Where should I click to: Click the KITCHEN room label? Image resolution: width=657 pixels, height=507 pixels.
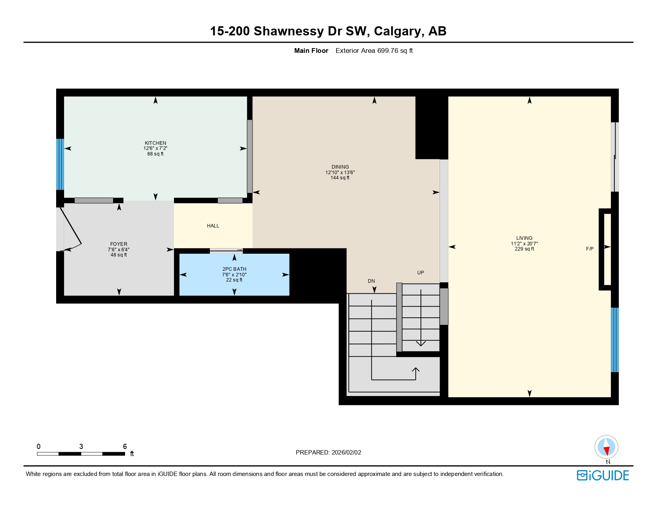pos(155,143)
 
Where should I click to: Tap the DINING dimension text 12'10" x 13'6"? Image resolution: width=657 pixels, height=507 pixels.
pos(340,173)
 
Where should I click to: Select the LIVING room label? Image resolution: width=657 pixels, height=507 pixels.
pos(524,238)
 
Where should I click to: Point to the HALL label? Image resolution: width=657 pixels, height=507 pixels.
pos(213,226)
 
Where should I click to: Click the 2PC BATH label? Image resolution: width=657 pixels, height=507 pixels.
pos(234,269)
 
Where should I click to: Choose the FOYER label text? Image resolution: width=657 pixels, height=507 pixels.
pos(119,244)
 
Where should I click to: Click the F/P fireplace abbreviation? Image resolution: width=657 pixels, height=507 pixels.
pos(590,249)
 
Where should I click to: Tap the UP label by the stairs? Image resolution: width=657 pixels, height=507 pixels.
pos(420,273)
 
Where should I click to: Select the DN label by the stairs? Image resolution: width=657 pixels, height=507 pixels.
pos(371,281)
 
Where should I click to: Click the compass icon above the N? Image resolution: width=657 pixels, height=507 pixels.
pos(606,447)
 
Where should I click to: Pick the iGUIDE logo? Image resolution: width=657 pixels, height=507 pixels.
pos(603,476)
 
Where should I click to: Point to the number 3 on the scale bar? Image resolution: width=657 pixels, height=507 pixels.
pos(81,447)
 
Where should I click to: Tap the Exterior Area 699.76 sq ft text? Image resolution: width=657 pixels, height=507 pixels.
pos(374,51)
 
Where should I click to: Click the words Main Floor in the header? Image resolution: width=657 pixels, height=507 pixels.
pos(311,51)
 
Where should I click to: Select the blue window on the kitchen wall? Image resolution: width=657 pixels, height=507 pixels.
pos(60,164)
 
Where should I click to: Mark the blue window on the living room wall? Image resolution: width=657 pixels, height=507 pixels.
pos(614,340)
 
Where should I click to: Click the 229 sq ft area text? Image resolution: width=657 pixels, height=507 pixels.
pos(524,249)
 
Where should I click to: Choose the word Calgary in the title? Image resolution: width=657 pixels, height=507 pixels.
pos(399,31)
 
